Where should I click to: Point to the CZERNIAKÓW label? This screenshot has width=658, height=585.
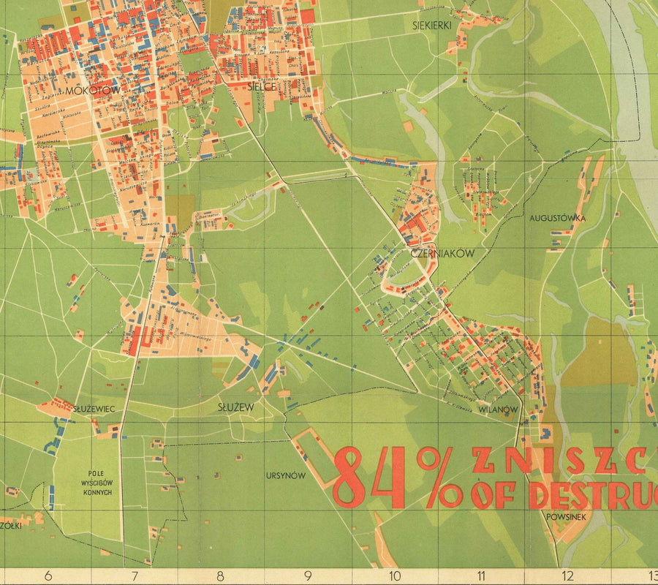point(443,253)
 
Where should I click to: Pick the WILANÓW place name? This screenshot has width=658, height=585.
point(498,409)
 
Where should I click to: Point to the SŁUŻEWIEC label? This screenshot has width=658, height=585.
point(94,409)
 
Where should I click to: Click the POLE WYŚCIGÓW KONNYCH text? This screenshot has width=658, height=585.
point(97,483)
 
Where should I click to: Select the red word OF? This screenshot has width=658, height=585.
point(494,496)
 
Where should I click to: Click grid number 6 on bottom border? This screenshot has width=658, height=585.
point(48,576)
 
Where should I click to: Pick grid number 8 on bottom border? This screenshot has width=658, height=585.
point(219,576)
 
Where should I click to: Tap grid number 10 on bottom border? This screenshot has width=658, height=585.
point(394,576)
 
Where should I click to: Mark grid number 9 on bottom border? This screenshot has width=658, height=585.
point(308,576)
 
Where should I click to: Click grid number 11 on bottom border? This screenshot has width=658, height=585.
point(481,576)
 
